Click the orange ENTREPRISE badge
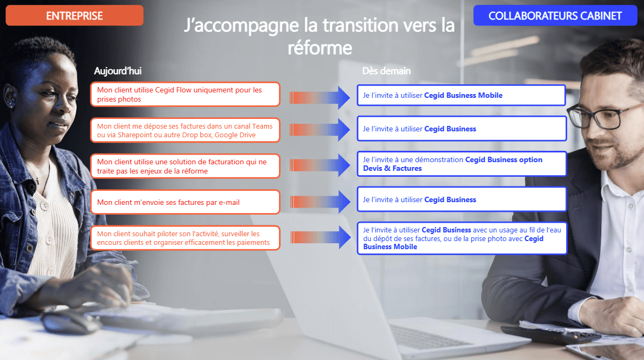pyautogui.click(x=74, y=16)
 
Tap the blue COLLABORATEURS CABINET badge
pyautogui.click(x=555, y=16)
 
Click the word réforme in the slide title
pyautogui.click(x=320, y=48)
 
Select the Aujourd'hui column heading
pyautogui.click(x=118, y=71)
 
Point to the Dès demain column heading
pyautogui.click(x=386, y=71)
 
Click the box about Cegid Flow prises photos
pyautogui.click(x=185, y=95)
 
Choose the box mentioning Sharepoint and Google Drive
pyautogui.click(x=185, y=130)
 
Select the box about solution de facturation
pyautogui.click(x=185, y=166)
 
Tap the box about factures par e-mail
pyautogui.click(x=185, y=202)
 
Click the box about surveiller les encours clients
pyautogui.click(x=185, y=238)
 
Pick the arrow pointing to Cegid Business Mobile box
pyautogui.click(x=320, y=98)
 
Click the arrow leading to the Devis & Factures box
pyautogui.click(x=320, y=165)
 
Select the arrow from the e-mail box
pyautogui.click(x=320, y=202)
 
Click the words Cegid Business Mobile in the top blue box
pyautogui.click(x=463, y=95)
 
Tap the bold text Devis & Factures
pyautogui.click(x=392, y=168)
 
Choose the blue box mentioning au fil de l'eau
pyautogui.click(x=462, y=238)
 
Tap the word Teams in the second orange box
pyautogui.click(x=262, y=126)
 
